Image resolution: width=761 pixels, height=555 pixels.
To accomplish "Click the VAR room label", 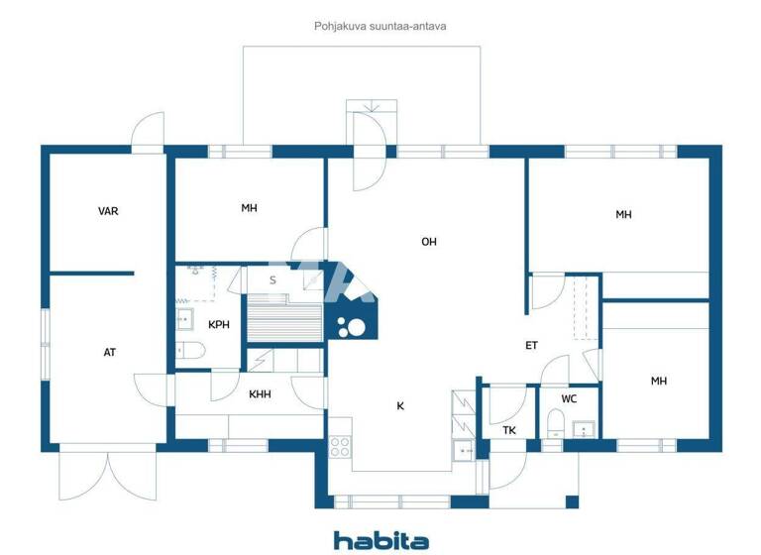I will [x=108, y=211].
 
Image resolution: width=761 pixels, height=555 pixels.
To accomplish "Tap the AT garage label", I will [x=109, y=352].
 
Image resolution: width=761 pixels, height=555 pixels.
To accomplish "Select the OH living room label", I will [x=428, y=242].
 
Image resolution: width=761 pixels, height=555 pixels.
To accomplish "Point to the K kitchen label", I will [x=400, y=405].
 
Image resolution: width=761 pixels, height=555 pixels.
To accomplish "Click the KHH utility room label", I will [x=260, y=394].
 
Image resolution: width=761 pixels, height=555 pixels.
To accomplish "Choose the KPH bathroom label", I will [x=219, y=324].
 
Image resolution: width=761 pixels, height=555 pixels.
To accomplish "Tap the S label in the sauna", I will [x=272, y=280].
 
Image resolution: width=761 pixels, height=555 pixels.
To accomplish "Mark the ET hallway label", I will [x=531, y=346].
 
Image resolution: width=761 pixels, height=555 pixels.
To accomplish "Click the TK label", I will [x=508, y=430].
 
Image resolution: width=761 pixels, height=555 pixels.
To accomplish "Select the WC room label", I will [x=569, y=399].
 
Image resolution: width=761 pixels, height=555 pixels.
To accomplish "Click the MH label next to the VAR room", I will [x=249, y=208].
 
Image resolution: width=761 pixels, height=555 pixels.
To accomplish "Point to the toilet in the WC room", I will [x=555, y=427].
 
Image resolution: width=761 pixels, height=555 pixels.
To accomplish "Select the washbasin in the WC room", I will [x=583, y=429].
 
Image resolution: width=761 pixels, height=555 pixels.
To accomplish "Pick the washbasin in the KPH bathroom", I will [x=185, y=318].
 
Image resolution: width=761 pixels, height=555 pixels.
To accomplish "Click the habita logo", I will [x=380, y=540].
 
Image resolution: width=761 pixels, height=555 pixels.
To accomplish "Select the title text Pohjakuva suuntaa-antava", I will [x=380, y=26].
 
